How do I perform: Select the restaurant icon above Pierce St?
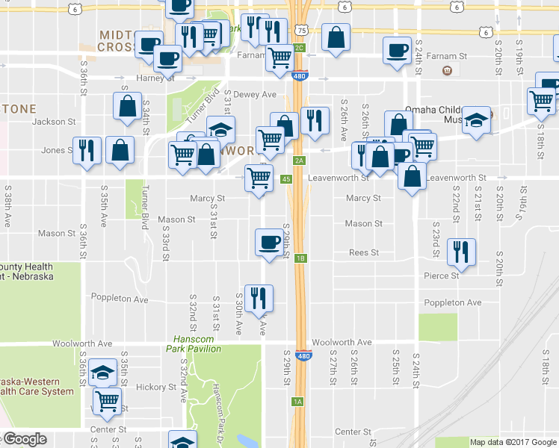(460, 252)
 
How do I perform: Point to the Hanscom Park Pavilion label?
(194, 343)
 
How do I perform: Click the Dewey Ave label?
(255, 95)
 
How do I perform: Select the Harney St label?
(155, 78)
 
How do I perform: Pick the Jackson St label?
(55, 121)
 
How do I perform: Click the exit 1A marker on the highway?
(297, 402)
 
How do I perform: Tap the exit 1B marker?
(300, 258)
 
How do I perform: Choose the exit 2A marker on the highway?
(299, 160)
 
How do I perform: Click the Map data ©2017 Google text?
(513, 442)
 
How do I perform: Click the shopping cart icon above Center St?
(108, 400)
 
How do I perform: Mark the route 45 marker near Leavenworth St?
(286, 178)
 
